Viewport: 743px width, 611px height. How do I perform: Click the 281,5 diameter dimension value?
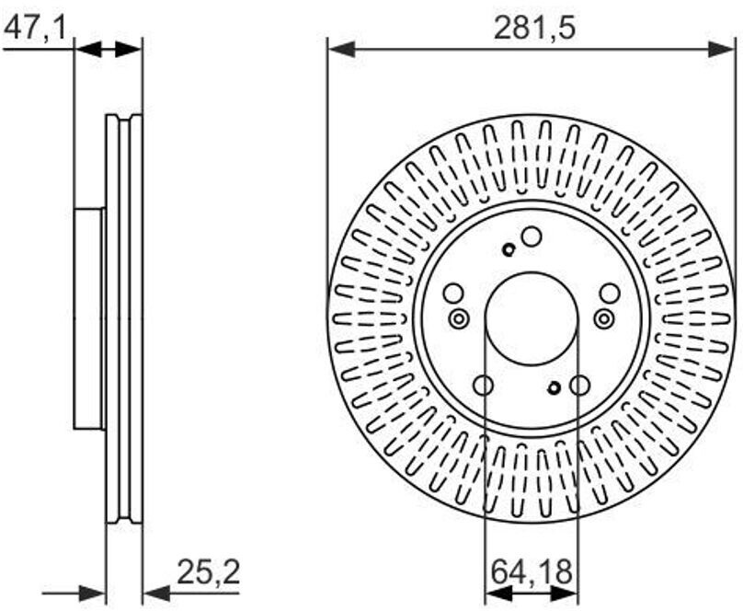tap(534, 28)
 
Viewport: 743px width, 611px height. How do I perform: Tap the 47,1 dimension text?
tap(34, 28)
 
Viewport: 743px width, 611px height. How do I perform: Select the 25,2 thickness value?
tap(209, 571)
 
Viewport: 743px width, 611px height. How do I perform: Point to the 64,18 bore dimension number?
tap(532, 571)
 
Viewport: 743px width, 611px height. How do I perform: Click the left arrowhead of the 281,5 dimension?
tap(341, 49)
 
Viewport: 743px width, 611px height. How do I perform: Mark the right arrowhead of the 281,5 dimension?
tap(722, 49)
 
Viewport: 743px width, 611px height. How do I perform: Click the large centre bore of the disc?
tap(532, 319)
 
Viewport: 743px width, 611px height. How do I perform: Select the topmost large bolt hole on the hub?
tap(532, 237)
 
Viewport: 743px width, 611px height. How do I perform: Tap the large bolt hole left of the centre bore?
tap(453, 294)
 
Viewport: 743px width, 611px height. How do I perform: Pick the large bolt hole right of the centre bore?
tap(610, 294)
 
